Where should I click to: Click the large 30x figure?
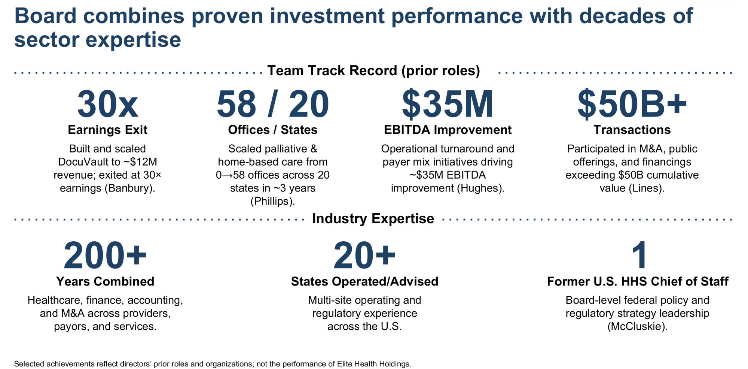tap(107, 105)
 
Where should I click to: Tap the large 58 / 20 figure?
tap(272, 105)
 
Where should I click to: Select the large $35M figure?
tap(448, 105)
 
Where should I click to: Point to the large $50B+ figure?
tap(632, 105)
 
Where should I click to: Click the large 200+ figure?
tap(105, 256)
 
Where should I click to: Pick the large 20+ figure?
tap(364, 256)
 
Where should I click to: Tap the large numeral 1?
tap(639, 256)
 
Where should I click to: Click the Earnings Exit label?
tap(107, 130)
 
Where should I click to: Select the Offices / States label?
tap(272, 130)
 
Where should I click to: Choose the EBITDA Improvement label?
tap(448, 130)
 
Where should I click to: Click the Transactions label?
tap(632, 130)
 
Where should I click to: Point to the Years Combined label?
tap(105, 281)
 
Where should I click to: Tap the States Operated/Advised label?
tap(364, 281)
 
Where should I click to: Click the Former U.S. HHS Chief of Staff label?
tap(638, 281)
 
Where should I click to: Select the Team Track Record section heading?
tap(373, 71)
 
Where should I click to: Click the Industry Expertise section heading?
tap(373, 218)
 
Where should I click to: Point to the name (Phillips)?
tap(272, 201)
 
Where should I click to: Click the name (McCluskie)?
tap(637, 326)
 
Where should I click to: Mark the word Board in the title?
tap(45, 16)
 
